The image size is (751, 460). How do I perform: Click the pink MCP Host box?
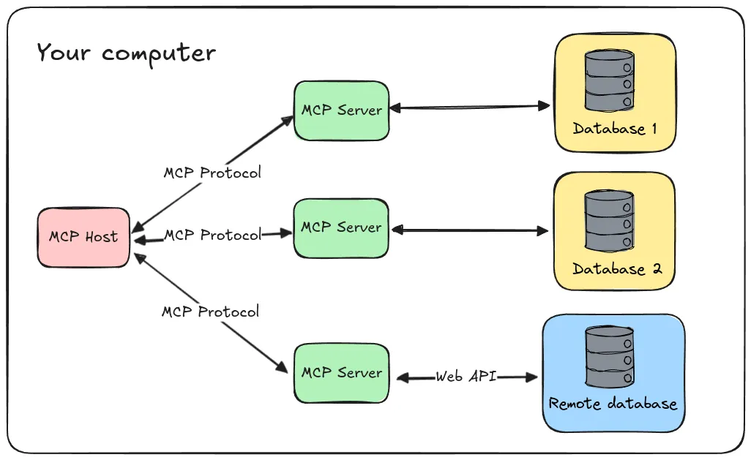pyautogui.click(x=83, y=237)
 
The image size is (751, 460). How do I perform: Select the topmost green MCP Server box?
pyautogui.click(x=341, y=110)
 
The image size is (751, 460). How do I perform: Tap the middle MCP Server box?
pyautogui.click(x=341, y=227)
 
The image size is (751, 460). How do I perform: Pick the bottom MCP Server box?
pyautogui.click(x=341, y=372)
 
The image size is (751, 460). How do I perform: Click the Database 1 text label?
pyautogui.click(x=614, y=129)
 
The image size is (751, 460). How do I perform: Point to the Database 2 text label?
pyautogui.click(x=616, y=268)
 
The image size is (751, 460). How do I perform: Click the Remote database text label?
pyautogui.click(x=613, y=404)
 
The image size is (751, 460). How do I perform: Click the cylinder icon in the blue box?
pyautogui.click(x=609, y=357)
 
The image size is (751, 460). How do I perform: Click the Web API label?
pyautogui.click(x=466, y=377)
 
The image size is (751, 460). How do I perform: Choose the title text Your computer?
pyautogui.click(x=126, y=53)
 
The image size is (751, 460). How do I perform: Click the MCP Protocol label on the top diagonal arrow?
pyautogui.click(x=212, y=173)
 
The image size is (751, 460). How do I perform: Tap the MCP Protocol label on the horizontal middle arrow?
pyautogui.click(x=212, y=235)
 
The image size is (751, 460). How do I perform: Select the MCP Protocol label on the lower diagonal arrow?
pyautogui.click(x=210, y=312)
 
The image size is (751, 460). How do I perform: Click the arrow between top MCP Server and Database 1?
pyautogui.click(x=468, y=108)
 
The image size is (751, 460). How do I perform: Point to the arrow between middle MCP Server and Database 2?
pyautogui.click(x=468, y=230)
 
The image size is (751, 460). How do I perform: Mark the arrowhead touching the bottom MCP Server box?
pyautogui.click(x=283, y=368)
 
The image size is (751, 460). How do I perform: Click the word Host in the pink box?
pyautogui.click(x=100, y=237)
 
